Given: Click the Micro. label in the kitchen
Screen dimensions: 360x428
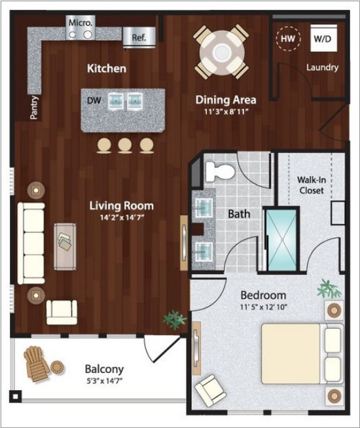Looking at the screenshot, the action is pyautogui.click(x=81, y=23).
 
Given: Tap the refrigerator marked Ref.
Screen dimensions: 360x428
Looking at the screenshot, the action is pyautogui.click(x=139, y=38).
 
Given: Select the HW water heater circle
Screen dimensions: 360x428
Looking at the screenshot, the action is pyautogui.click(x=288, y=39).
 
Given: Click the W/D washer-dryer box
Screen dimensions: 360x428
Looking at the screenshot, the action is pyautogui.click(x=324, y=38).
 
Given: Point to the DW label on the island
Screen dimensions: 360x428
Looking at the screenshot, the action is pyautogui.click(x=94, y=101).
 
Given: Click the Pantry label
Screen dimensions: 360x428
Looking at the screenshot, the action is pyautogui.click(x=34, y=107).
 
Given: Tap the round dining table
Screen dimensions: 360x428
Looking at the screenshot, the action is pyautogui.click(x=222, y=52).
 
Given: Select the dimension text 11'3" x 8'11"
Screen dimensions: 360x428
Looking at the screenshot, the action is pyautogui.click(x=226, y=112).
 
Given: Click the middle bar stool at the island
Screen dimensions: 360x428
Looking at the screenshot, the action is pyautogui.click(x=125, y=145).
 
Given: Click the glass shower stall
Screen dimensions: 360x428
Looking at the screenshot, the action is pyautogui.click(x=281, y=240).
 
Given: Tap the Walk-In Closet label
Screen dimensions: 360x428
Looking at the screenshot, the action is pyautogui.click(x=312, y=185).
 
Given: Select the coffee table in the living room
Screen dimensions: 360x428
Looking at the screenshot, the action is pyautogui.click(x=65, y=247).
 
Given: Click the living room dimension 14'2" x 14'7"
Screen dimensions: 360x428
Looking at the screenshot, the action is pyautogui.click(x=122, y=218).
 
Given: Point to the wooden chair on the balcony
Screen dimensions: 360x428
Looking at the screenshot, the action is pyautogui.click(x=36, y=364).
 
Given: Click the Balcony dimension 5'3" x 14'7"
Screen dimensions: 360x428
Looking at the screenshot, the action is pyautogui.click(x=104, y=381).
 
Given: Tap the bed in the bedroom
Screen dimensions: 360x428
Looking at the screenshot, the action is pyautogui.click(x=302, y=354).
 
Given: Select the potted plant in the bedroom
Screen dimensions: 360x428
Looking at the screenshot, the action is pyautogui.click(x=329, y=289).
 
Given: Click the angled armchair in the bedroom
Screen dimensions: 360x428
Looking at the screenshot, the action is pyautogui.click(x=210, y=390).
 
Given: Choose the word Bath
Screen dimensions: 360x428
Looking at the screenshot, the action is pyautogui.click(x=239, y=214).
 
